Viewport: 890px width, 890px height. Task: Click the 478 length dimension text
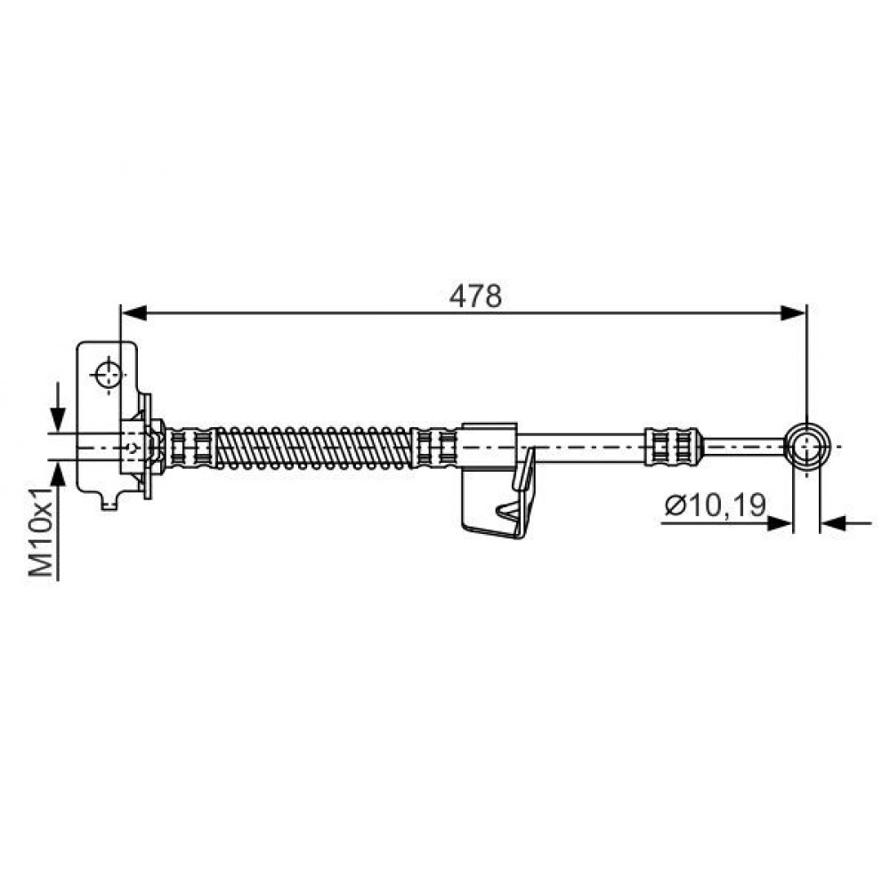pyautogui.click(x=475, y=296)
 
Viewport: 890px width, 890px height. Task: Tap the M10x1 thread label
pyautogui.click(x=42, y=531)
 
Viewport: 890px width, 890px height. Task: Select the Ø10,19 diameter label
pyautogui.click(x=716, y=505)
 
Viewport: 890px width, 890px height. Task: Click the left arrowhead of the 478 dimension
pyautogui.click(x=134, y=312)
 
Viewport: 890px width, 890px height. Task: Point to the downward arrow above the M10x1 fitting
pyautogui.click(x=58, y=409)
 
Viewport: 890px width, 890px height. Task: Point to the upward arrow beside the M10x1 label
pyautogui.click(x=58, y=473)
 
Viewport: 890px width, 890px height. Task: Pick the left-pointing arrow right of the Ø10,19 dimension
pyautogui.click(x=845, y=523)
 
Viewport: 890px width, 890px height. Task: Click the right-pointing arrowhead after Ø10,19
pyautogui.click(x=779, y=523)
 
